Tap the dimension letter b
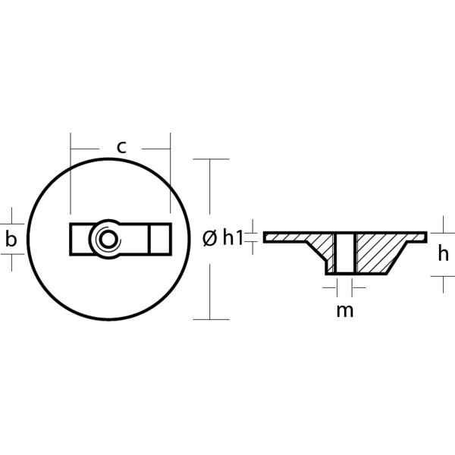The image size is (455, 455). coord(11,240)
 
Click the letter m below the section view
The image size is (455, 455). coord(345,309)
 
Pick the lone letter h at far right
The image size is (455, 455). coord(444,255)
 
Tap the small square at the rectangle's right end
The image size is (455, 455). coord(159,239)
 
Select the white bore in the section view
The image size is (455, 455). coord(345,253)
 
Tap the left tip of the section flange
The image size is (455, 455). coord(267,237)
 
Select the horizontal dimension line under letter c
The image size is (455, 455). coord(121,161)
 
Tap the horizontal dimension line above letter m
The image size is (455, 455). coord(345,288)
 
